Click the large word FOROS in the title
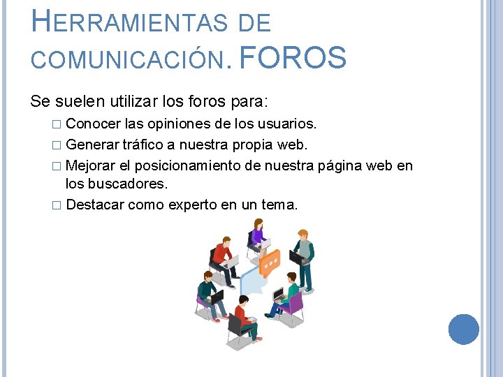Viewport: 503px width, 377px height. point(293,58)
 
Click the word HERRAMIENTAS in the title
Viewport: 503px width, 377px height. point(130,23)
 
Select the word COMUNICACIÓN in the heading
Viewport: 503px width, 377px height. point(130,61)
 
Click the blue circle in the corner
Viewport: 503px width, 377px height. point(464,329)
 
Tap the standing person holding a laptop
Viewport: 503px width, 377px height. point(302,256)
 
